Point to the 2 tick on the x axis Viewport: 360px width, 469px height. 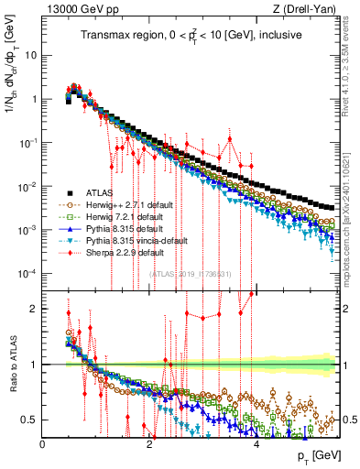pos(149,442)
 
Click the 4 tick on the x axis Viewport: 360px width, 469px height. pos(256,442)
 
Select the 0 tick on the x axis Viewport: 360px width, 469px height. pos(43,442)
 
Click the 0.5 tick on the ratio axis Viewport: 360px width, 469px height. pos(30,420)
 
